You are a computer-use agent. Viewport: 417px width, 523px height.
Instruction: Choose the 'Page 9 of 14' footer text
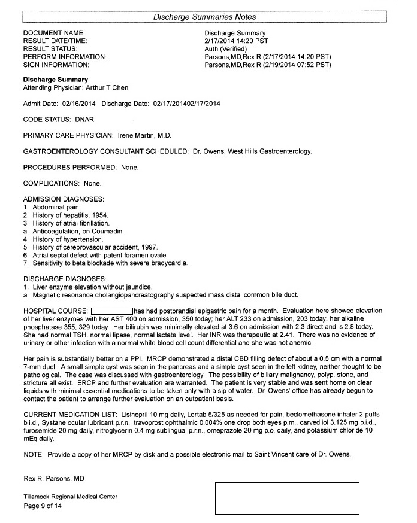click(42, 506)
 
